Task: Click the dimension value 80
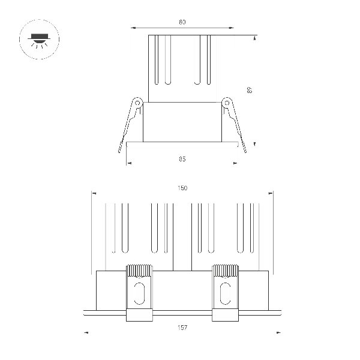coord(182,22)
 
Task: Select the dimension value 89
coord(250,90)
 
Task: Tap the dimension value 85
coord(182,159)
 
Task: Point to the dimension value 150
coord(182,188)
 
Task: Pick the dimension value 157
coord(182,328)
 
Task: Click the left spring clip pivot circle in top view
coord(137,103)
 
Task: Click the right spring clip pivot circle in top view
coord(227,103)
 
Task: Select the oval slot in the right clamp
coord(225,292)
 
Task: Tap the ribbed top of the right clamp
coord(225,270)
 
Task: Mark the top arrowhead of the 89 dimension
coord(256,38)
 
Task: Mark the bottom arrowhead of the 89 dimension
coord(256,143)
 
